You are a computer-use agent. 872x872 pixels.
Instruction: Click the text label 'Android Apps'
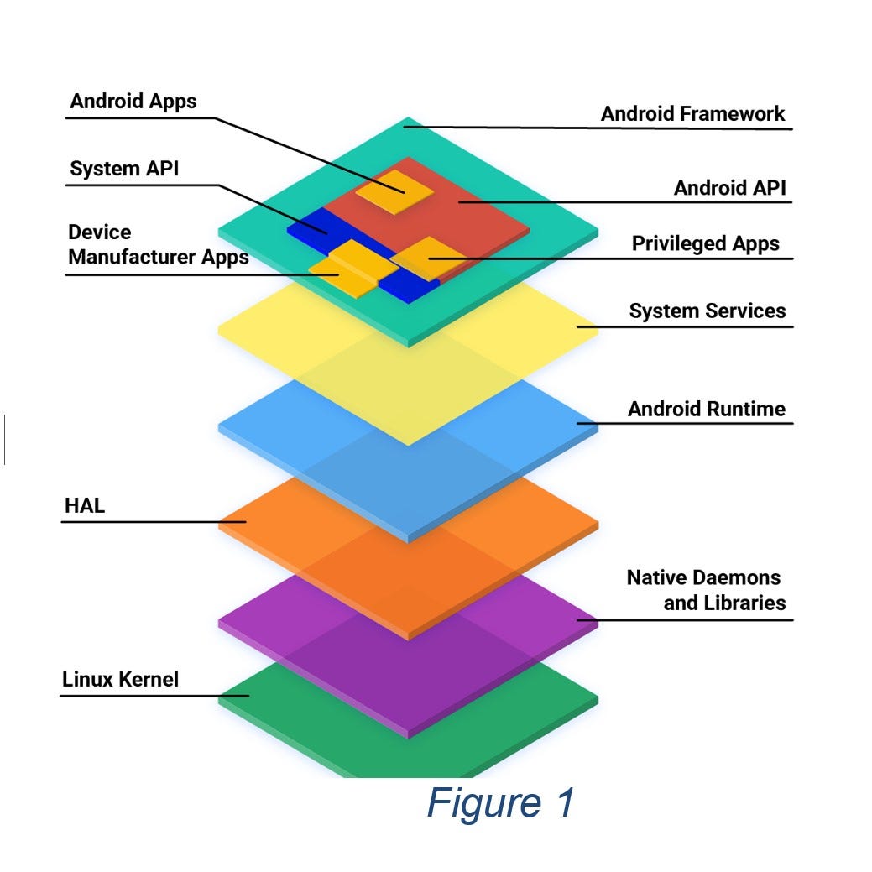tap(133, 102)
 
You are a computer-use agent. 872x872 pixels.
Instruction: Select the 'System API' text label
tap(124, 169)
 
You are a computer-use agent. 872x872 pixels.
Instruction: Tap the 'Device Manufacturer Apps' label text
tap(158, 244)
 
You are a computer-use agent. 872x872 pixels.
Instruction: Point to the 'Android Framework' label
tap(692, 114)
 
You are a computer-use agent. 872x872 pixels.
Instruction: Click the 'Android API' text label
tap(729, 188)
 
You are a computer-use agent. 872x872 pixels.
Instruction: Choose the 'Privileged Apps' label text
tap(705, 243)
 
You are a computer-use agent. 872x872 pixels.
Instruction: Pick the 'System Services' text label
tap(707, 311)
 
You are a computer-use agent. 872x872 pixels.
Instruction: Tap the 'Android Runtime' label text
tap(706, 410)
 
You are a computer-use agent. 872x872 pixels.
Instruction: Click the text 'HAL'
tap(84, 506)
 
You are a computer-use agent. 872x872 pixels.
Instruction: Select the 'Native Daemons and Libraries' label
tap(706, 590)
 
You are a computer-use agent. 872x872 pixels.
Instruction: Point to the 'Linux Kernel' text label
tap(120, 679)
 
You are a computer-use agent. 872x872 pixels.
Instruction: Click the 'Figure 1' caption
tap(500, 802)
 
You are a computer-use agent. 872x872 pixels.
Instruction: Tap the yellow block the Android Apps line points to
tap(394, 191)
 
